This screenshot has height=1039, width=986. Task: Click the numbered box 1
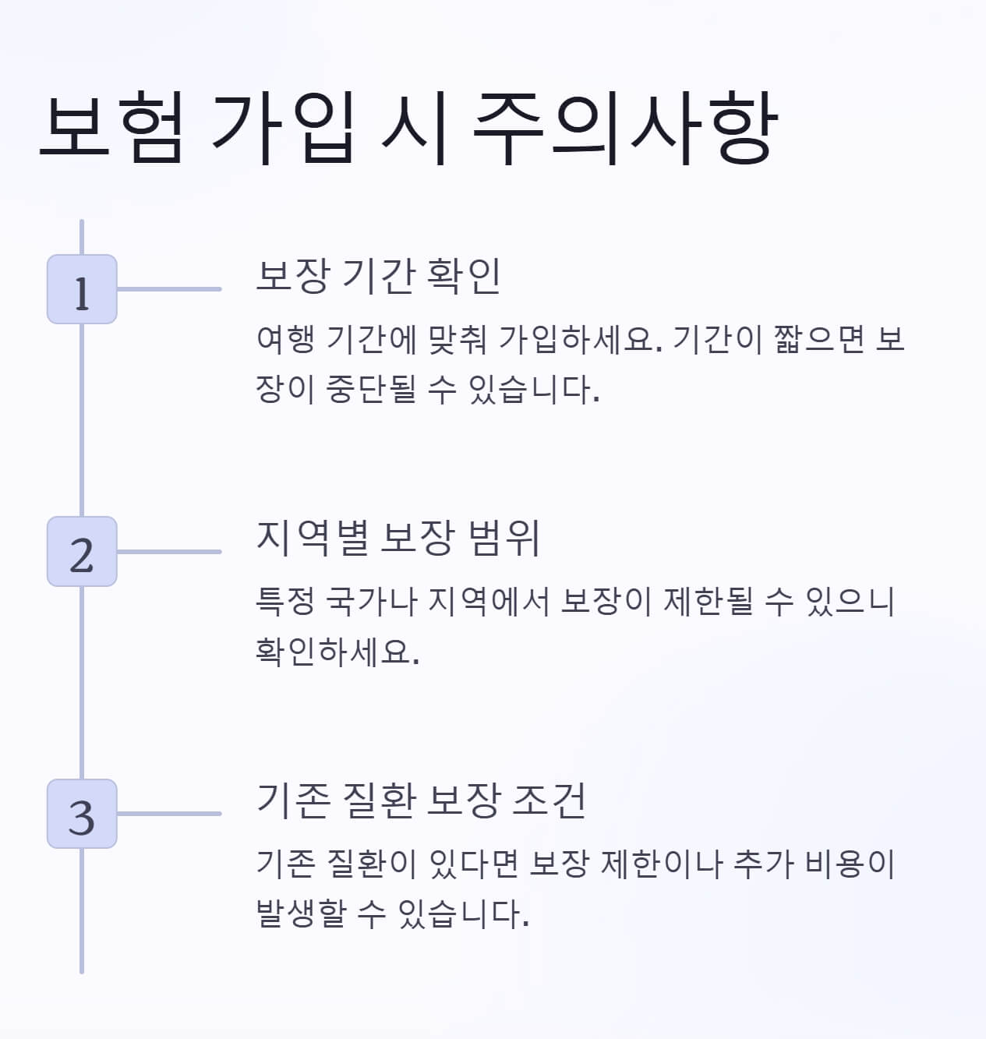coord(82,289)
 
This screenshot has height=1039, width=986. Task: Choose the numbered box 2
coord(82,551)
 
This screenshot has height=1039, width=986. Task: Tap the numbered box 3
coord(82,813)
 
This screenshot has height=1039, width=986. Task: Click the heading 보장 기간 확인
coord(378,275)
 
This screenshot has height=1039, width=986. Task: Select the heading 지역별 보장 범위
coord(398,537)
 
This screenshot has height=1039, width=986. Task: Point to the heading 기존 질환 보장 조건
coord(421,800)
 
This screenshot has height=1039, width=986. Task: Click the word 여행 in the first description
coord(285,339)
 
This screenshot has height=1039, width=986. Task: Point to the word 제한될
coord(709,601)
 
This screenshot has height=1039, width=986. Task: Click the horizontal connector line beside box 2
coord(168,551)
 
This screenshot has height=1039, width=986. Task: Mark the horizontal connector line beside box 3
coord(168,813)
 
